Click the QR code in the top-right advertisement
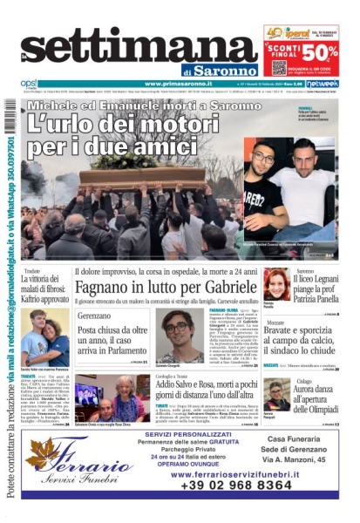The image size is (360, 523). point(279,67)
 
